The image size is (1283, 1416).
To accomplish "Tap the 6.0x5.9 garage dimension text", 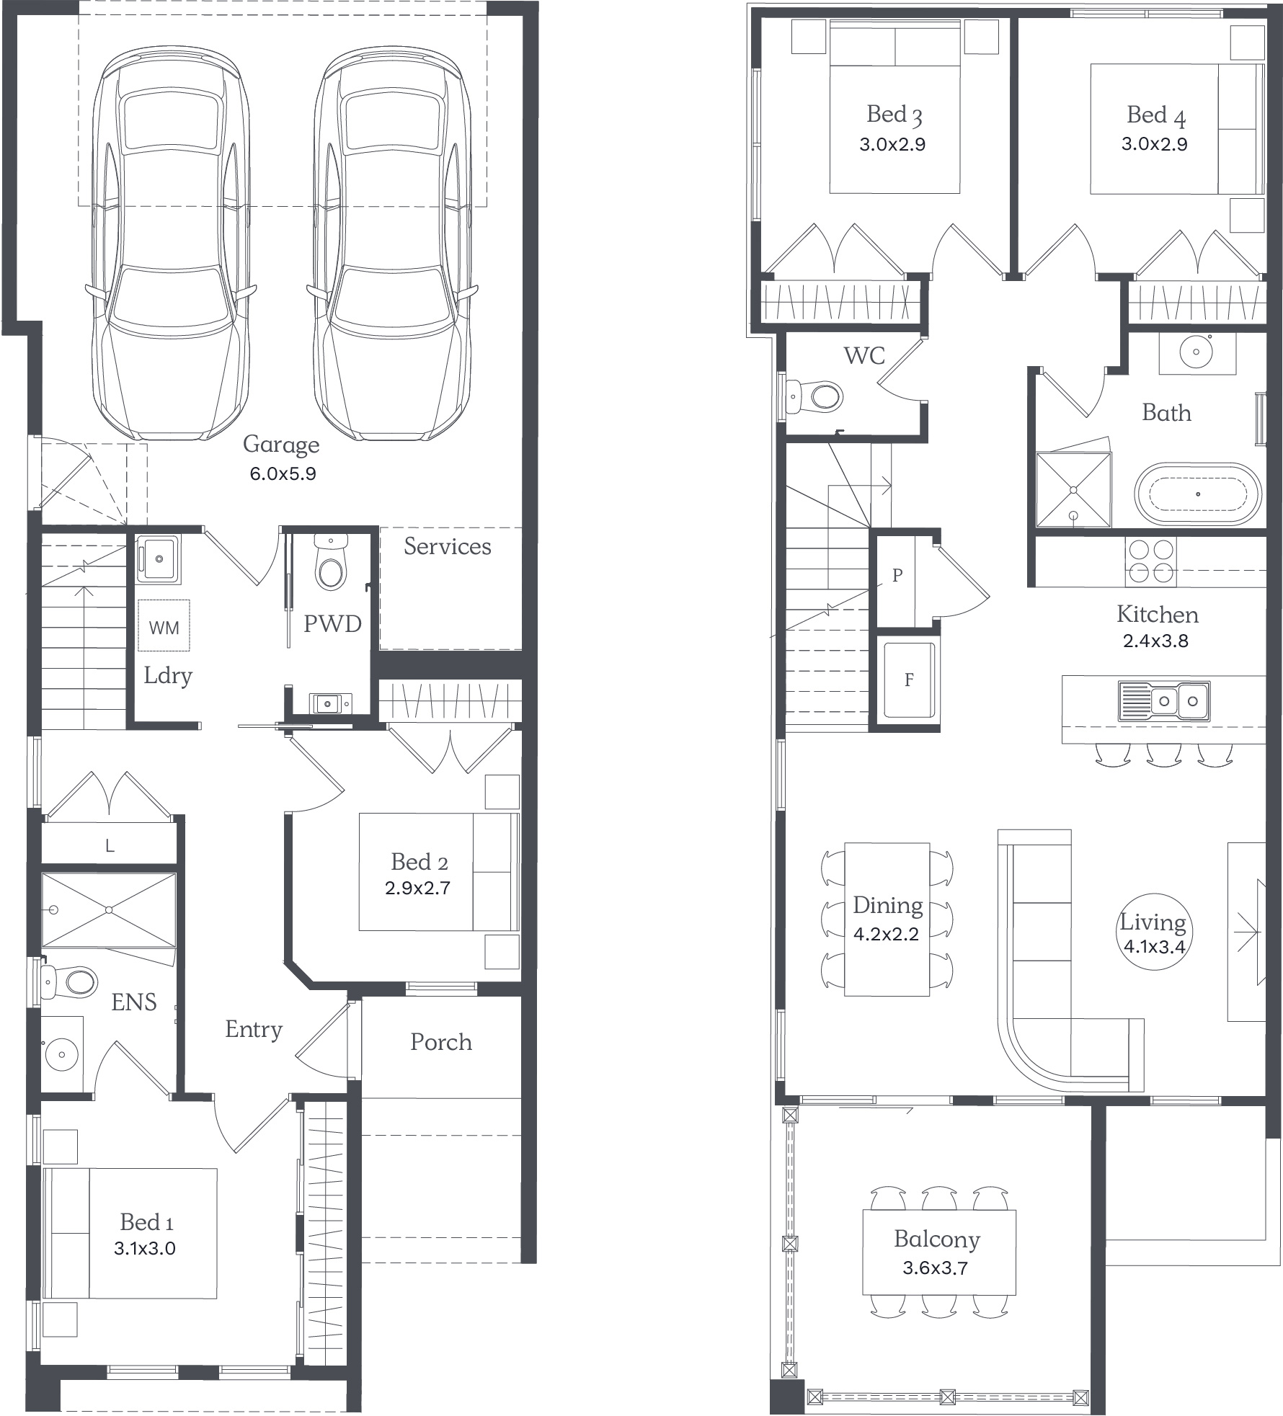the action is click(283, 474).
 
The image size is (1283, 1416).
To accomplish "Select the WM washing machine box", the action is click(164, 626).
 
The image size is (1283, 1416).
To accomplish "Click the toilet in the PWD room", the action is click(331, 562).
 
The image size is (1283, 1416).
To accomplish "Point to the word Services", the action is click(447, 546).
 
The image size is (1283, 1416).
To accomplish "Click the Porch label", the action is click(441, 1041).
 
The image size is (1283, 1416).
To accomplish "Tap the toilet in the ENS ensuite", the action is click(69, 981).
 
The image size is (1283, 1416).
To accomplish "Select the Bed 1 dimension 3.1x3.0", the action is click(144, 1248).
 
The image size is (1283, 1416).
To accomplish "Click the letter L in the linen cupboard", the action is click(110, 845).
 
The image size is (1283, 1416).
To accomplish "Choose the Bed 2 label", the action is click(419, 861).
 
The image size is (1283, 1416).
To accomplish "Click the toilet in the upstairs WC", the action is click(814, 396).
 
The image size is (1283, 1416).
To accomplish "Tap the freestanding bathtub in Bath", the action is click(1198, 494).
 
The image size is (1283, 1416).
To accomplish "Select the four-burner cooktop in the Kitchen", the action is click(1150, 561).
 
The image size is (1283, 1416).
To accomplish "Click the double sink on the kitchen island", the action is click(1164, 701).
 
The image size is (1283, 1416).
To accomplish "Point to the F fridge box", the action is click(909, 679).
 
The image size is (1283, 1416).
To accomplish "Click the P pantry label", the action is click(897, 575).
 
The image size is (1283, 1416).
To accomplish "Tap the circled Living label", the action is click(1153, 932).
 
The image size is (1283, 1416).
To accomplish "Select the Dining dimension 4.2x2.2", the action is click(886, 935).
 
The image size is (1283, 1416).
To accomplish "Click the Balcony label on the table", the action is click(937, 1239).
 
